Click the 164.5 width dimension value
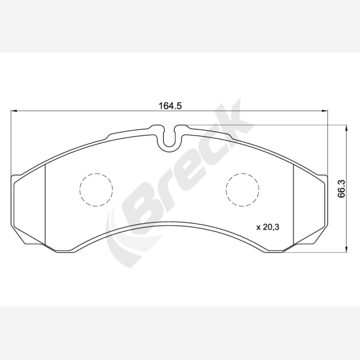click(x=170, y=106)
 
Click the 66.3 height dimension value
click(x=341, y=189)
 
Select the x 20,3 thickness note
click(x=268, y=227)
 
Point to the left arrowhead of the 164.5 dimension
click(x=14, y=111)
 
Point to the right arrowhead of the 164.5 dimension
click(x=325, y=111)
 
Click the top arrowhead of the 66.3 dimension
click(x=346, y=128)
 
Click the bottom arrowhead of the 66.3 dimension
click(x=346, y=250)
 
